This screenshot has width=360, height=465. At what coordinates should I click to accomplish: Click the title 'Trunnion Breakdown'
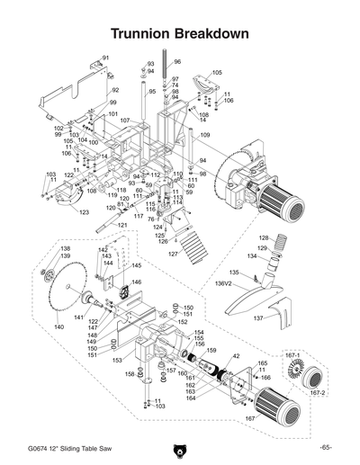(x=180, y=32)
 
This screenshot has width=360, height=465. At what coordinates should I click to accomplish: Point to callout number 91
(x=105, y=58)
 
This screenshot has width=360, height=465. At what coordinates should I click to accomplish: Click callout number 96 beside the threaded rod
(x=177, y=62)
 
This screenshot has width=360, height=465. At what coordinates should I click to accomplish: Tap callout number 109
(x=204, y=135)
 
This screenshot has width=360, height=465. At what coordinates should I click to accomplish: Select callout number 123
(x=84, y=212)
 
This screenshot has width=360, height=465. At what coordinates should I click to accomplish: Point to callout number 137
(x=256, y=318)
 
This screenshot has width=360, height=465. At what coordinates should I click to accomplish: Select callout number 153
(x=116, y=359)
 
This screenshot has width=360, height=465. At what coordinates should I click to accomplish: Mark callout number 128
(x=264, y=237)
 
